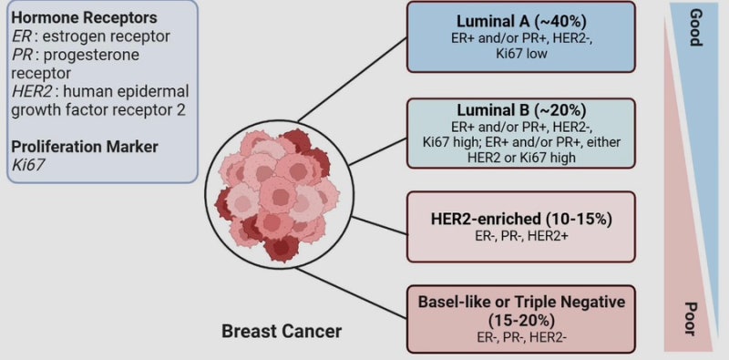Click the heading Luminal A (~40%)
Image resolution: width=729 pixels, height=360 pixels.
(x=520, y=21)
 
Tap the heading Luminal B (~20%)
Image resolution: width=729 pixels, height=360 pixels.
(x=520, y=110)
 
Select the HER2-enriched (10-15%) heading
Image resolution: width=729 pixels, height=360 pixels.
(x=520, y=220)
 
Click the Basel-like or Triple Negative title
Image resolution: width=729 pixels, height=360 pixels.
(x=521, y=302)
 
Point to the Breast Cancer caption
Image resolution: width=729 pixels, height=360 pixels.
(x=282, y=332)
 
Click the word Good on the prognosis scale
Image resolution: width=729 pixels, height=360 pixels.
(x=695, y=27)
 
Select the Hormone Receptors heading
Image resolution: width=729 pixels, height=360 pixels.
(x=84, y=18)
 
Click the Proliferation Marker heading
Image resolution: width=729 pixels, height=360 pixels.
(x=85, y=147)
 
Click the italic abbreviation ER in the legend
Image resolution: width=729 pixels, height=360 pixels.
(x=20, y=36)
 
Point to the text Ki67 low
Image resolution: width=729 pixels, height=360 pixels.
(x=520, y=54)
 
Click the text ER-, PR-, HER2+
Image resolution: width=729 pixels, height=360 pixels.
(x=520, y=237)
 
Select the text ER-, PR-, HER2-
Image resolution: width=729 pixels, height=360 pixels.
(x=521, y=336)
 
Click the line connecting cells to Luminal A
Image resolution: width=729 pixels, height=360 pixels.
(x=353, y=80)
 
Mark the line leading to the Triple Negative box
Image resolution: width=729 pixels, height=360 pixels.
(x=352, y=293)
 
